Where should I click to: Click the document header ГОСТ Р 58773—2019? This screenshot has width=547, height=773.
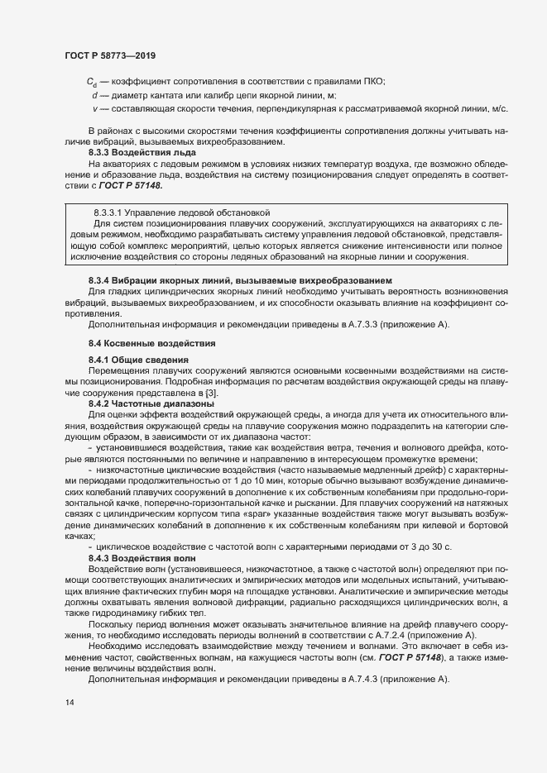pos(109,55)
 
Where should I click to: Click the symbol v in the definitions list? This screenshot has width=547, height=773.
pos(96,109)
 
